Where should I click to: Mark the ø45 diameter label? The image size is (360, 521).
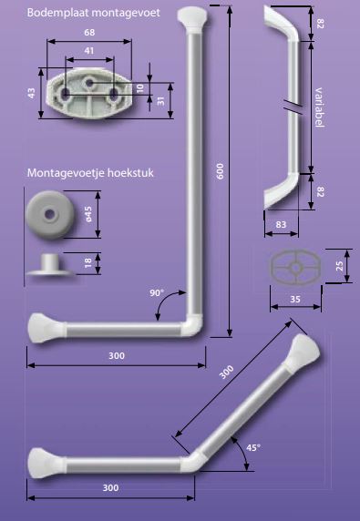tap(88, 213)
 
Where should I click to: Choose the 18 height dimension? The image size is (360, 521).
tap(88, 263)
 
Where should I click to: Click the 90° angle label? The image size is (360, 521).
tap(157, 292)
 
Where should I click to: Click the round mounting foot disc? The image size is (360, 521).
tap(47, 212)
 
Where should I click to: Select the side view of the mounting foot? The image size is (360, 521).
tap(47, 264)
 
